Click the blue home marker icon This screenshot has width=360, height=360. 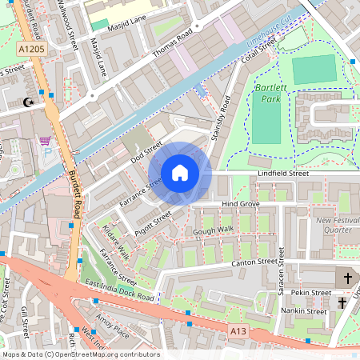[x=180, y=173]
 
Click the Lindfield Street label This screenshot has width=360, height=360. [x=282, y=173]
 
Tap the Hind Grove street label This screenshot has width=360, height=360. [x=242, y=205]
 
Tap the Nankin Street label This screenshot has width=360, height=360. [x=306, y=312]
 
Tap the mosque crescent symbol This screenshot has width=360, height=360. [x=30, y=102]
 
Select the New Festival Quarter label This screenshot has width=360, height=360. [x=334, y=226]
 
